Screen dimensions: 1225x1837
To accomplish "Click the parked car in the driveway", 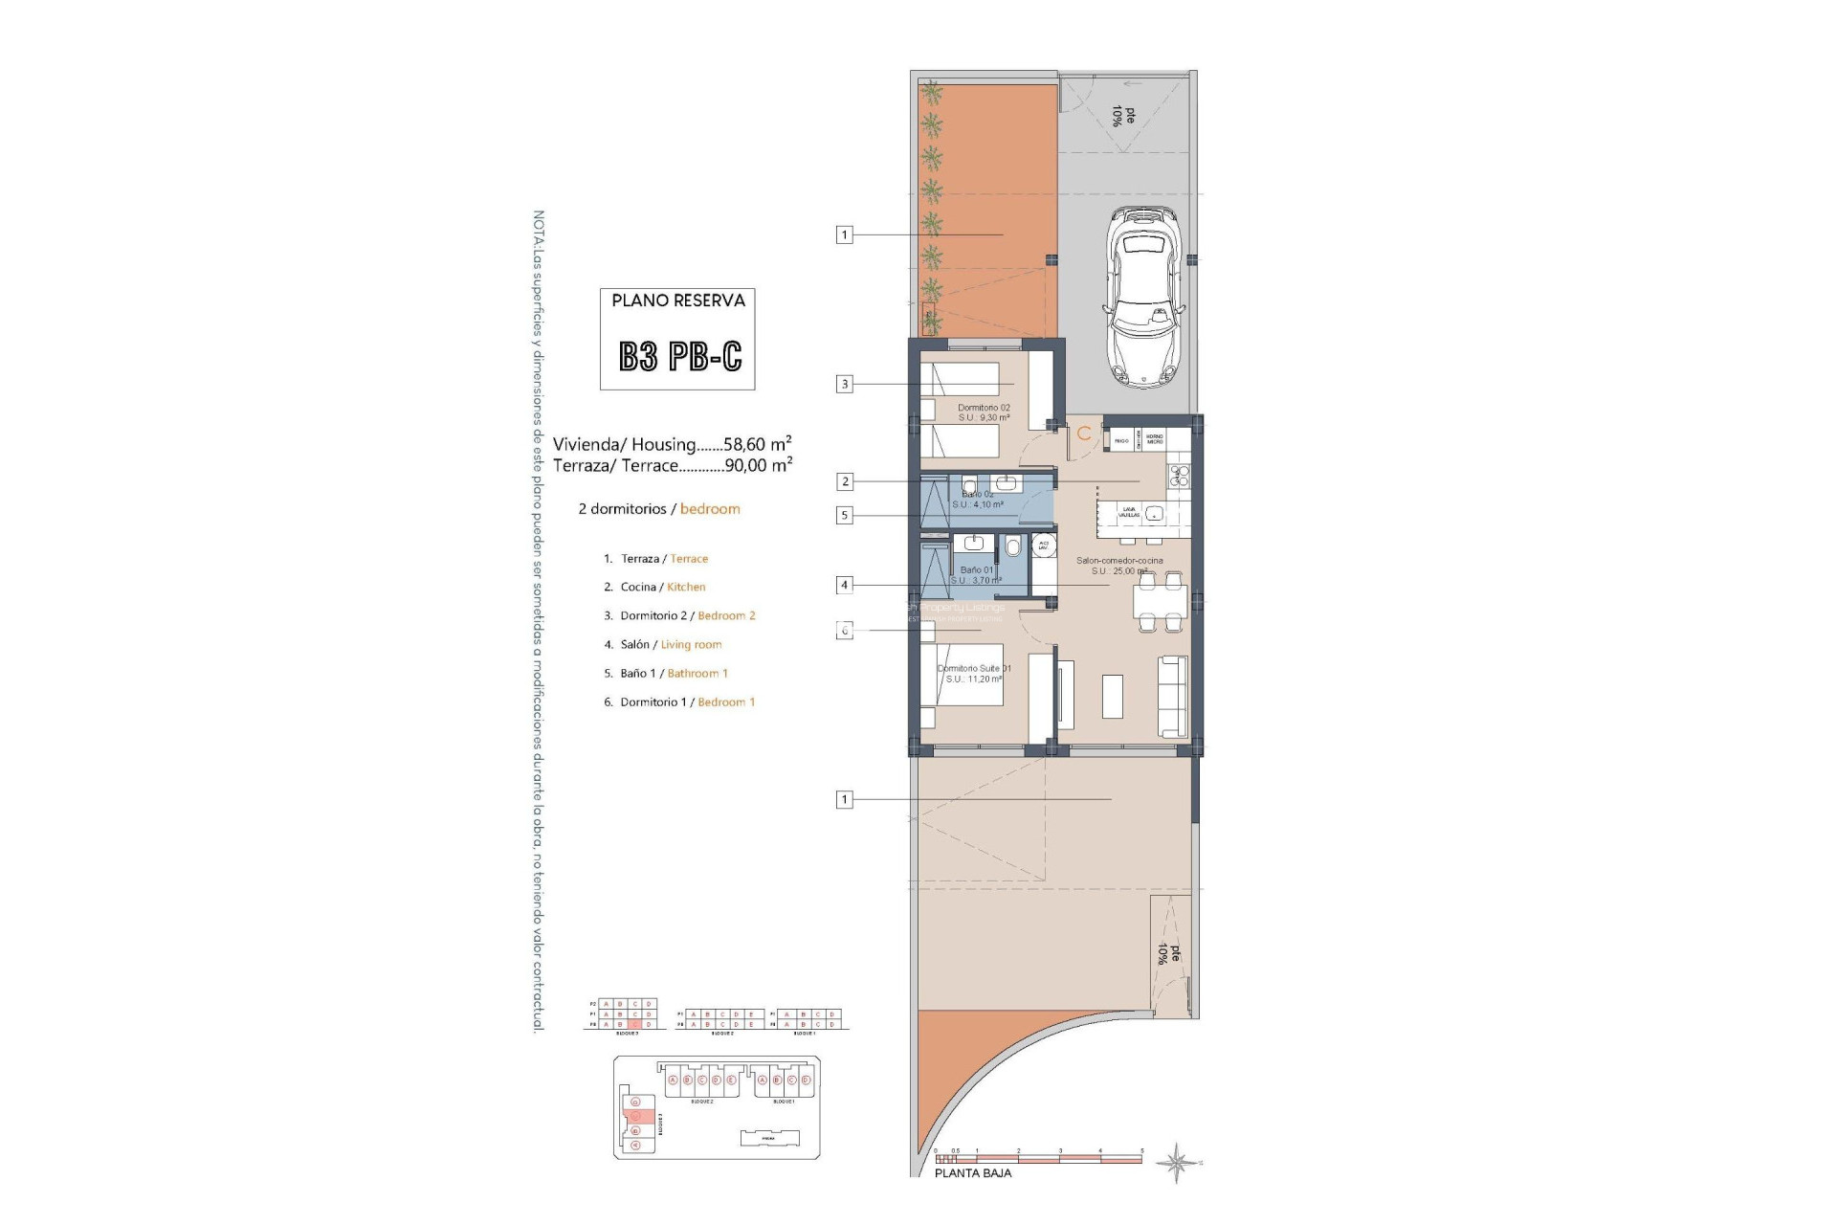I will pos(1144,298).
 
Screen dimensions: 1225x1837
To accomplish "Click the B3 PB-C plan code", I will pos(679,357).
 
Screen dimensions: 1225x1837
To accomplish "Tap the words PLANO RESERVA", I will pos(678,301).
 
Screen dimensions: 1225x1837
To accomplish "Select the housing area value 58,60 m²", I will pos(758,444).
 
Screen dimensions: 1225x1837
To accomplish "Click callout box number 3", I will pos(844,385).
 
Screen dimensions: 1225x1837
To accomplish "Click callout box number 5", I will pos(844,516).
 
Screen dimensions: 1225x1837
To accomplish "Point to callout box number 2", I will pos(844,481).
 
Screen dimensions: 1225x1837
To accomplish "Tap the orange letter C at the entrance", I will pos(1084,434).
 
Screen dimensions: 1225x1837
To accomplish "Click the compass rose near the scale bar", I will pos(1177,1163).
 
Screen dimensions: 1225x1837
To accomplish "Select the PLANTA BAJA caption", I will pos(972,1173).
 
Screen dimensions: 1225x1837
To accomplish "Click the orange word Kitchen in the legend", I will pos(686,588).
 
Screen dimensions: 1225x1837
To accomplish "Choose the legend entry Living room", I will pos(691,645).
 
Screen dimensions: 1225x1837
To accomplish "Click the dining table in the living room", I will pos(1160,602).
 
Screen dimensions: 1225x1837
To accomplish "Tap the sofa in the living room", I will pos(1173,696).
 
